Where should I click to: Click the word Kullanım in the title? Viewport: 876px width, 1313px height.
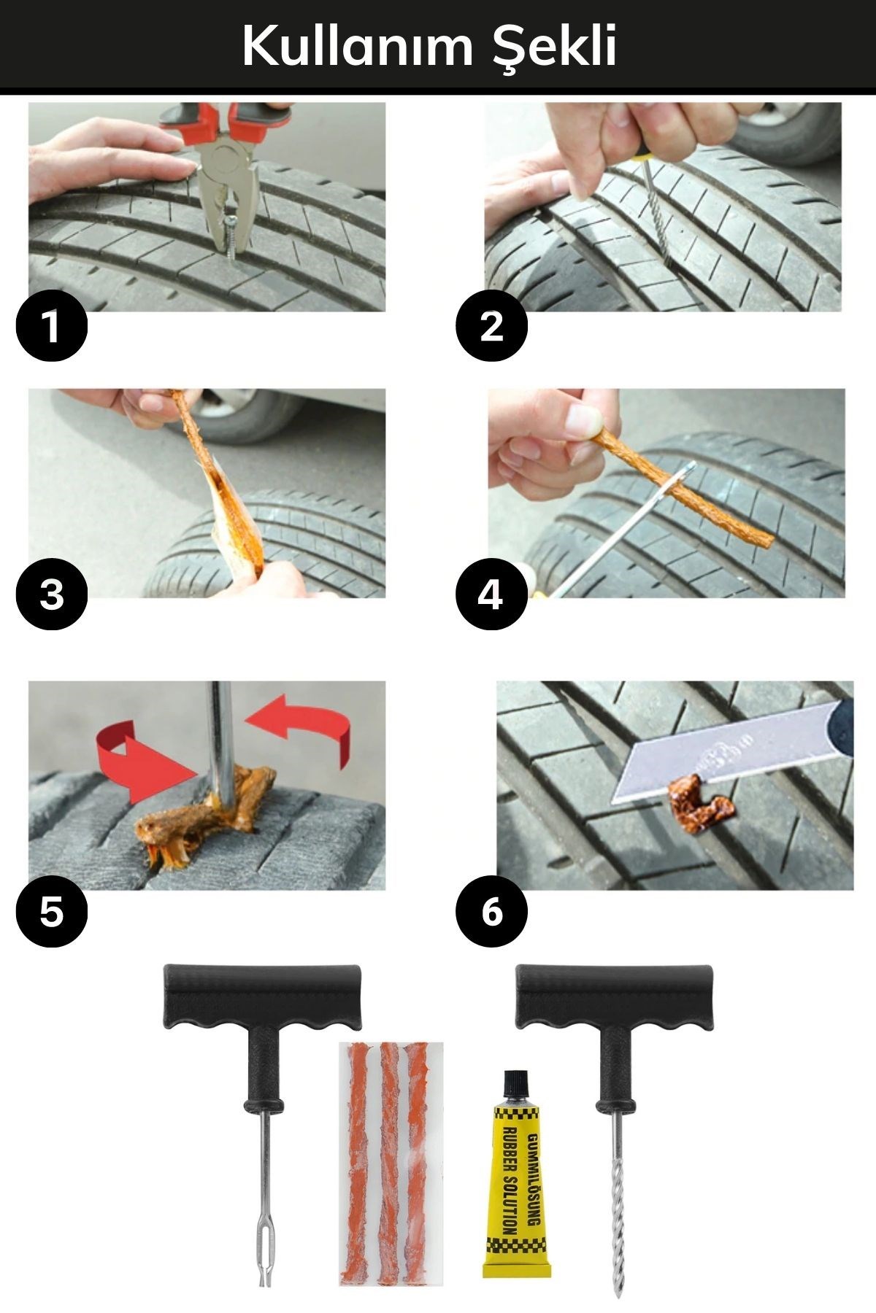356,45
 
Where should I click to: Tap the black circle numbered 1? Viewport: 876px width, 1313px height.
51,325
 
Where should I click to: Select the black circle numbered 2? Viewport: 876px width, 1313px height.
491,325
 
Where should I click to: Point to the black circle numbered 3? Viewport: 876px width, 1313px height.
51,594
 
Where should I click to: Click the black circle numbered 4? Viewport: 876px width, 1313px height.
491,594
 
